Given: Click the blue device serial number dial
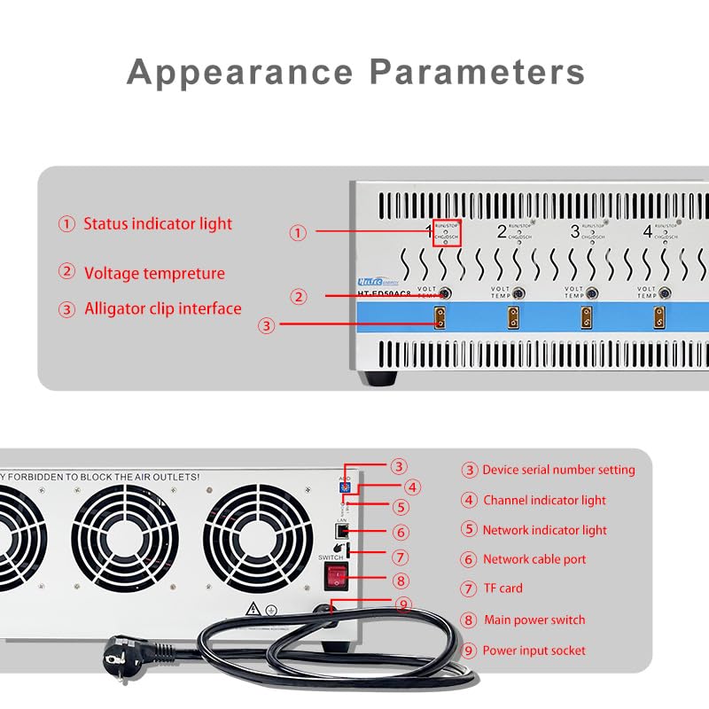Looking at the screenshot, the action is [345, 487].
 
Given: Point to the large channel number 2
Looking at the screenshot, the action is [502, 232].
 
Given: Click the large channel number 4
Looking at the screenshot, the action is [647, 232].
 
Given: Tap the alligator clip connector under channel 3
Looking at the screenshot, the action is [585, 316].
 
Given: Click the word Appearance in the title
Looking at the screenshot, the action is [241, 71].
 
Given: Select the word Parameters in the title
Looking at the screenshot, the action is [478, 71].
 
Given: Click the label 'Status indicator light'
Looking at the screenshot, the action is [158, 224].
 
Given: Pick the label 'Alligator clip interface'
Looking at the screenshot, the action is [162, 309].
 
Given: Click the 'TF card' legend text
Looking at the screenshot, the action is [503, 588].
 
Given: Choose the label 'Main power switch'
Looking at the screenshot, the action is [534, 619].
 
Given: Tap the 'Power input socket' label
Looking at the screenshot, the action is [534, 651].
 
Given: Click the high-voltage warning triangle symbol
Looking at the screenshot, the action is [253, 609].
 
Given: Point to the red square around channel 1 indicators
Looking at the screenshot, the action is [446, 233].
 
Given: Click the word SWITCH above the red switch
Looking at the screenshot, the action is [331, 557].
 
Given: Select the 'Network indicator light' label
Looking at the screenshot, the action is [544, 530].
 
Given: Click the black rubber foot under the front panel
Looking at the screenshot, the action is [383, 378].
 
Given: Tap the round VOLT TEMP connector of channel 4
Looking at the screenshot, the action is [664, 293].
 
